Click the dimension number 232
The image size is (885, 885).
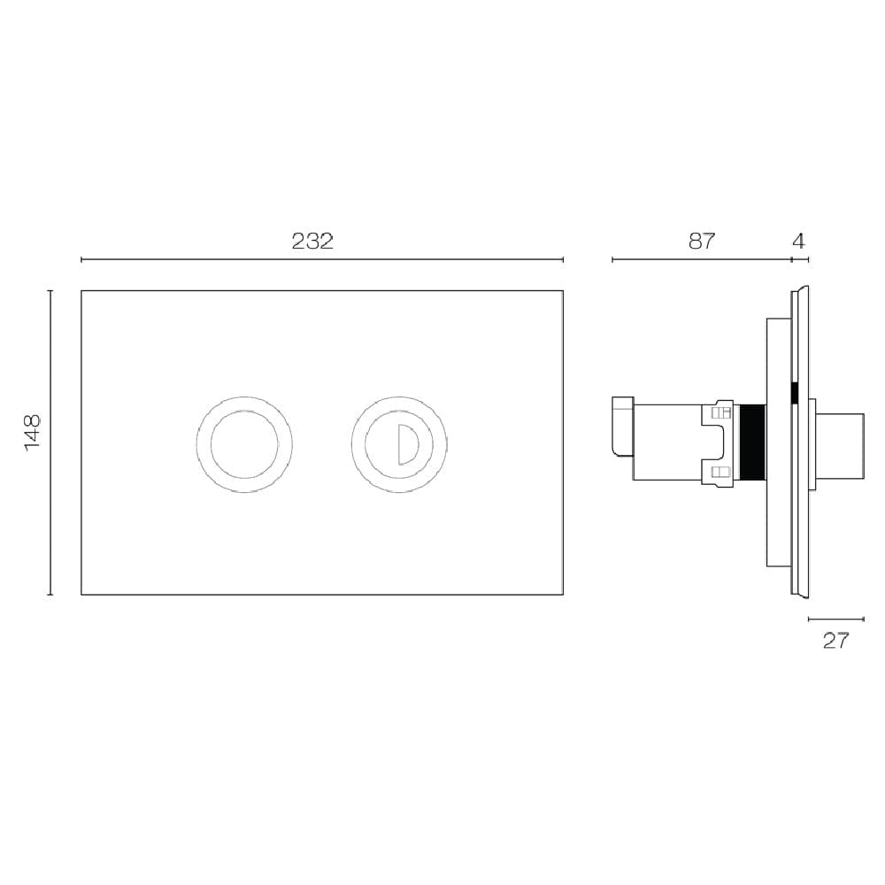pos(312,241)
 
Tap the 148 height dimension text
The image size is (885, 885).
pos(33,433)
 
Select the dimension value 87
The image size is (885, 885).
pos(701,241)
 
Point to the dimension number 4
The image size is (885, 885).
pos(799,241)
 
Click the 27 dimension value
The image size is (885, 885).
pos(835,641)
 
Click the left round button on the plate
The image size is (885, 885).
pos(244,443)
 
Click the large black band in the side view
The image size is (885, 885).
pos(752,442)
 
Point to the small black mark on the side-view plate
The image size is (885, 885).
pos(795,390)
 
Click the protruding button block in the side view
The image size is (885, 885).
pos(839,446)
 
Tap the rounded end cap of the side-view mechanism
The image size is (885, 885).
pos(623,427)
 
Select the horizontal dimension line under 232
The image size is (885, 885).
pos(322,259)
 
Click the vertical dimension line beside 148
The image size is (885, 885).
pos(50,442)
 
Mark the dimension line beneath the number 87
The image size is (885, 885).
pos(701,259)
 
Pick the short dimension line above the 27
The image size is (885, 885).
pos(836,619)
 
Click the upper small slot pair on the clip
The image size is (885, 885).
pos(721,412)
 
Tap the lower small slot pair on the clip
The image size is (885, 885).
pos(721,473)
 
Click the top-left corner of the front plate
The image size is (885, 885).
pos(81,291)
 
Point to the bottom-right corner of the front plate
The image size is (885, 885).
pos(563,594)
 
